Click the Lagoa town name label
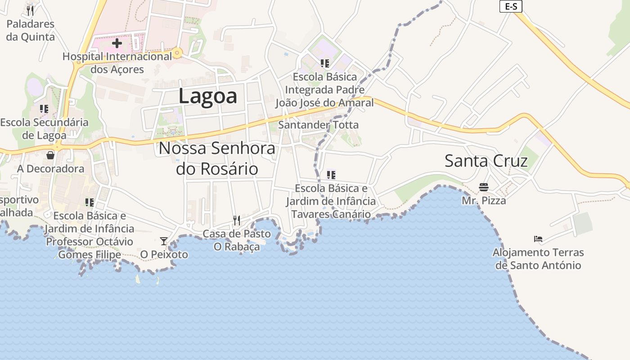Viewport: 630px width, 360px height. pos(207,96)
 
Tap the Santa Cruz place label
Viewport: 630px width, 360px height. pos(486,161)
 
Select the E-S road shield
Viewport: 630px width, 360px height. pos(511,6)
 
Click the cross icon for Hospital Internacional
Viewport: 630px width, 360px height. pos(117,43)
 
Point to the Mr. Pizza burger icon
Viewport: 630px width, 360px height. pos(484,187)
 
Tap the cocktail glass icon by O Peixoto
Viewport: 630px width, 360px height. pos(164,241)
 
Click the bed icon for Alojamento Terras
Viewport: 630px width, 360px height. pos(538,239)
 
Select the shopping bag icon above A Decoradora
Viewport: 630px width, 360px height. pos(50,155)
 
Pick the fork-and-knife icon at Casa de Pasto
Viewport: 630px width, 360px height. pos(237,220)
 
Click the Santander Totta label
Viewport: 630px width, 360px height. pos(318,125)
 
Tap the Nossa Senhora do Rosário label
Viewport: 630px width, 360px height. pos(217,158)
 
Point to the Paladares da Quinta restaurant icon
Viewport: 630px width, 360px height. pos(30,10)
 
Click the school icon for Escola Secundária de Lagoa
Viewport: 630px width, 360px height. pos(44,109)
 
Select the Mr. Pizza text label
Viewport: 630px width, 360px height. pos(484,201)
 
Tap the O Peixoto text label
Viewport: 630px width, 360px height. pos(164,255)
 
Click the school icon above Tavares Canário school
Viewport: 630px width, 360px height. pos(331,175)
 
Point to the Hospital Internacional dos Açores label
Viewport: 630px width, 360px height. pos(117,63)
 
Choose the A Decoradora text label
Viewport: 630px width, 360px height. pos(51,169)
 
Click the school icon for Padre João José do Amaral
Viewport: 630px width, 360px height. pos(325,63)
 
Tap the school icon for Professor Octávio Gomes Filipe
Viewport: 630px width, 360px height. pos(90,202)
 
